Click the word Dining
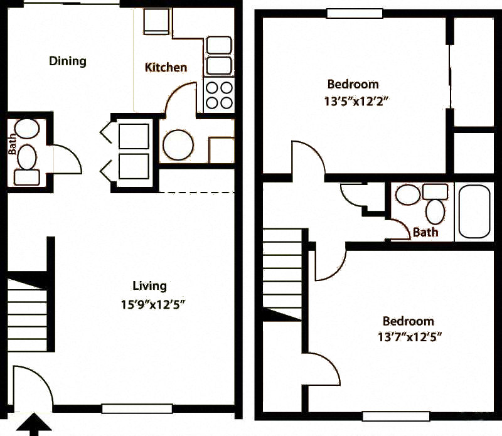68,61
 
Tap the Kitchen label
166,67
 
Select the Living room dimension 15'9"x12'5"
153,304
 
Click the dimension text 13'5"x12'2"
356,102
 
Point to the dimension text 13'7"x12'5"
410,337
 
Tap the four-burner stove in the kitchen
219,95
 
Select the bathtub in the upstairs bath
474,212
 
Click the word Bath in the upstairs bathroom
425,232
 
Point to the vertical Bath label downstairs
12,144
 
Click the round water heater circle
178,145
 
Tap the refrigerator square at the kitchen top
156,21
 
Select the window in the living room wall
137,409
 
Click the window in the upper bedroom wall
355,13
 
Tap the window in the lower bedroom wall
396,416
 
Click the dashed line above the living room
197,193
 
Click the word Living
149,286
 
